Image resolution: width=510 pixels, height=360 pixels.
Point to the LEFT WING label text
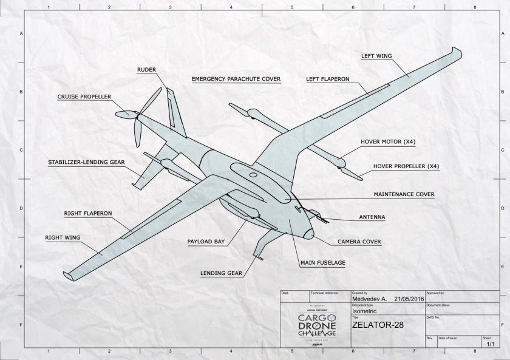(376, 55)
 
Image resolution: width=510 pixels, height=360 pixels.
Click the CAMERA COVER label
(359, 242)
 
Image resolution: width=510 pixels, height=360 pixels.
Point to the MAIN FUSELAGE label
(322, 263)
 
